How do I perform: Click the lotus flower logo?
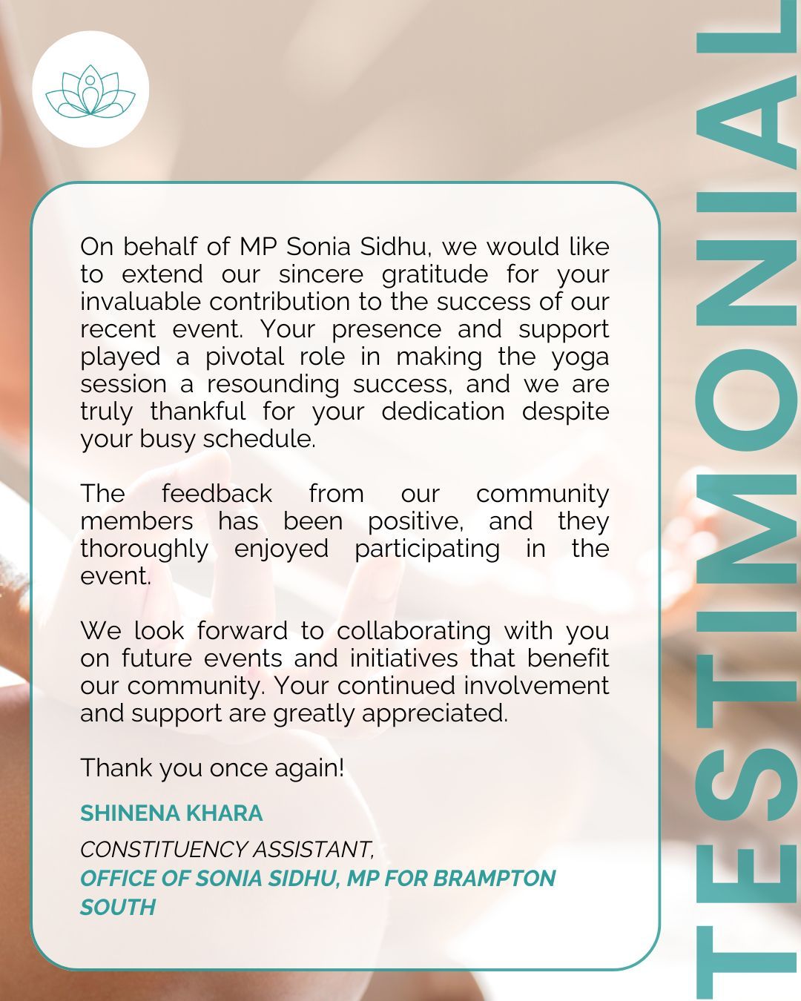90,90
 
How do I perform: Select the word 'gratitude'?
435,274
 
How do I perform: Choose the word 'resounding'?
271,384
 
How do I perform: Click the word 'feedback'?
217,494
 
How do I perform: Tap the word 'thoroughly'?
144,549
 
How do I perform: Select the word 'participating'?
426,549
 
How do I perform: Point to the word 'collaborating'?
413,631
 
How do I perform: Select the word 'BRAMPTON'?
494,878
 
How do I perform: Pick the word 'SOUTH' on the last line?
118,907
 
